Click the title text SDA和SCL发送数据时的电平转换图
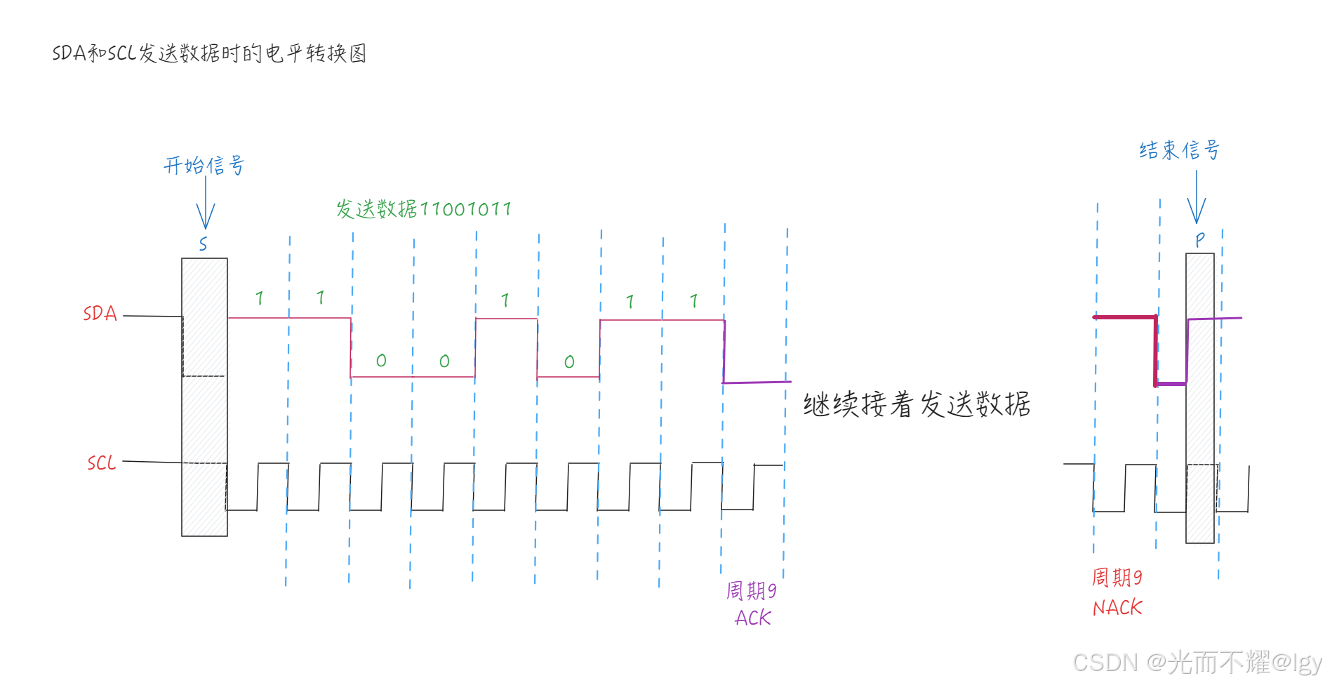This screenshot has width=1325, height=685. (x=209, y=53)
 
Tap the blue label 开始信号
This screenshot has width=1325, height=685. (x=204, y=166)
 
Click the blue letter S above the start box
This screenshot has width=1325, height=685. (x=203, y=244)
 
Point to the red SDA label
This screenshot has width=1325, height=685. (x=100, y=314)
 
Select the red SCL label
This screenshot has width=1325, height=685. (x=101, y=463)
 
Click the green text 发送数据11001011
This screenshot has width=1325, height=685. (x=423, y=209)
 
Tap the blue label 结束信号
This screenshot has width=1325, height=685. (x=1179, y=150)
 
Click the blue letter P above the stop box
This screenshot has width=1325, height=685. (x=1200, y=240)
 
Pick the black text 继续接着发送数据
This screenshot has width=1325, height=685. (x=917, y=405)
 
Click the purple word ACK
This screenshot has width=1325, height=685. (x=753, y=618)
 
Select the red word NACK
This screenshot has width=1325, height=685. (x=1117, y=608)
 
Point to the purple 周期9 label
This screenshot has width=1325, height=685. (x=751, y=591)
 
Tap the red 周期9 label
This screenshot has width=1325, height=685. (x=1117, y=578)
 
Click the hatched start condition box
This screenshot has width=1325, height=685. (x=204, y=397)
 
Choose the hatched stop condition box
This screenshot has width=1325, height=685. (x=1200, y=398)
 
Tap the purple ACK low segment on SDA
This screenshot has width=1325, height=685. (x=757, y=383)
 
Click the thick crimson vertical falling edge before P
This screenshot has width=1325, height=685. (x=1156, y=351)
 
